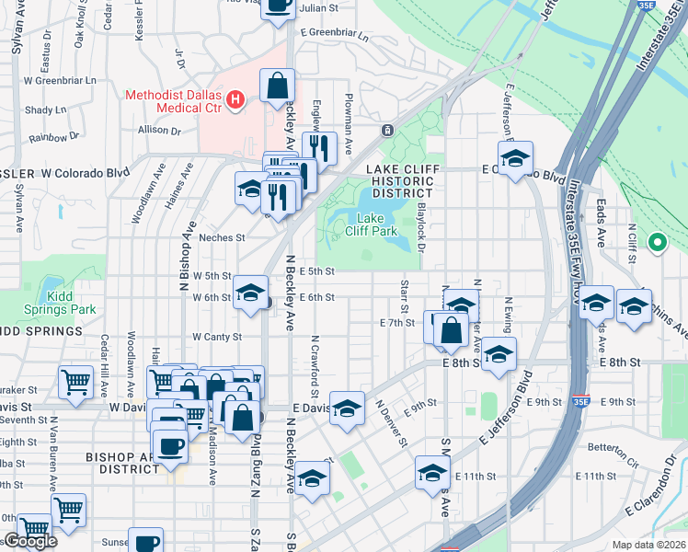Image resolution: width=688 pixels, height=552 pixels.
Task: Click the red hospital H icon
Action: (235, 99)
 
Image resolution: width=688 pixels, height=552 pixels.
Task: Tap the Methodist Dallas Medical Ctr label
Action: (175, 100)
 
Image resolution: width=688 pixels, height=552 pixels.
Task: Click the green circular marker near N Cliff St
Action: (656, 243)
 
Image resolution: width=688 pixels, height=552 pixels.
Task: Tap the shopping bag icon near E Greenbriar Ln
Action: (277, 86)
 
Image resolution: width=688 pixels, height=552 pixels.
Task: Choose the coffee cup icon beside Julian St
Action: (278, 5)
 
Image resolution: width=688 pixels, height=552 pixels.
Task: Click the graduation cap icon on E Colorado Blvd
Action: (515, 158)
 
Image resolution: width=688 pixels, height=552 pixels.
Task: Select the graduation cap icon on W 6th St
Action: (249, 293)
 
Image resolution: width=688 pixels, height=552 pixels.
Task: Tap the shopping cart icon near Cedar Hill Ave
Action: (75, 381)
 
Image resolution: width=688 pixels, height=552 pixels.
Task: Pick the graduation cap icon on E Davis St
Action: (347, 409)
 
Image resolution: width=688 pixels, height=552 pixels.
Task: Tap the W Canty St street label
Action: (216, 337)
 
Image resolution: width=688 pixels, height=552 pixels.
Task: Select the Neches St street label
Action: (222, 237)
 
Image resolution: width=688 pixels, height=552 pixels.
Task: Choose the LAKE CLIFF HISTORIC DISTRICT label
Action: (405, 180)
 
